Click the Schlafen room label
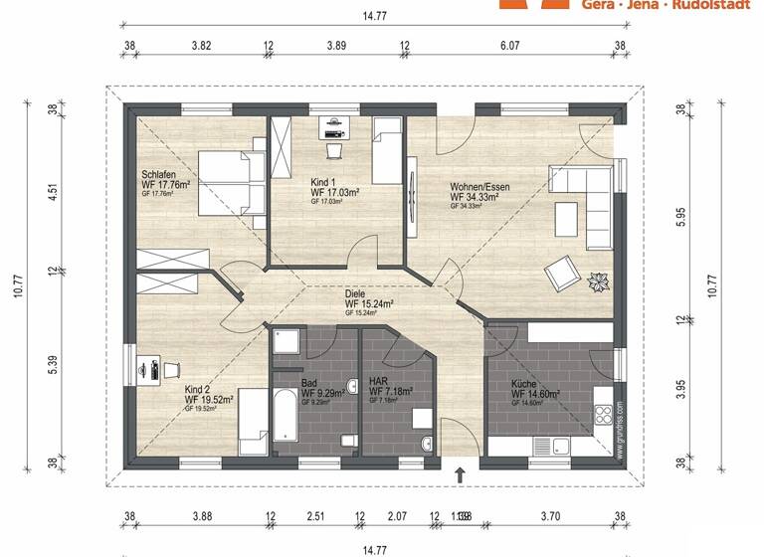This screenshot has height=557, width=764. pos(159,175)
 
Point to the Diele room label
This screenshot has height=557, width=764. pos(355,294)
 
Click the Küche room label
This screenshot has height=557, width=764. pos(524,383)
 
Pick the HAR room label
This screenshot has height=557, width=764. pos(378,381)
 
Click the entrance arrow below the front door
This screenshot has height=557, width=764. pos(460,475)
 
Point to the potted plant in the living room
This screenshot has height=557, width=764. pos(600,282)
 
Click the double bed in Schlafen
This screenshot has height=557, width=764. pos(232,183)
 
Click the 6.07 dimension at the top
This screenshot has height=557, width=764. pos(510,46)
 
